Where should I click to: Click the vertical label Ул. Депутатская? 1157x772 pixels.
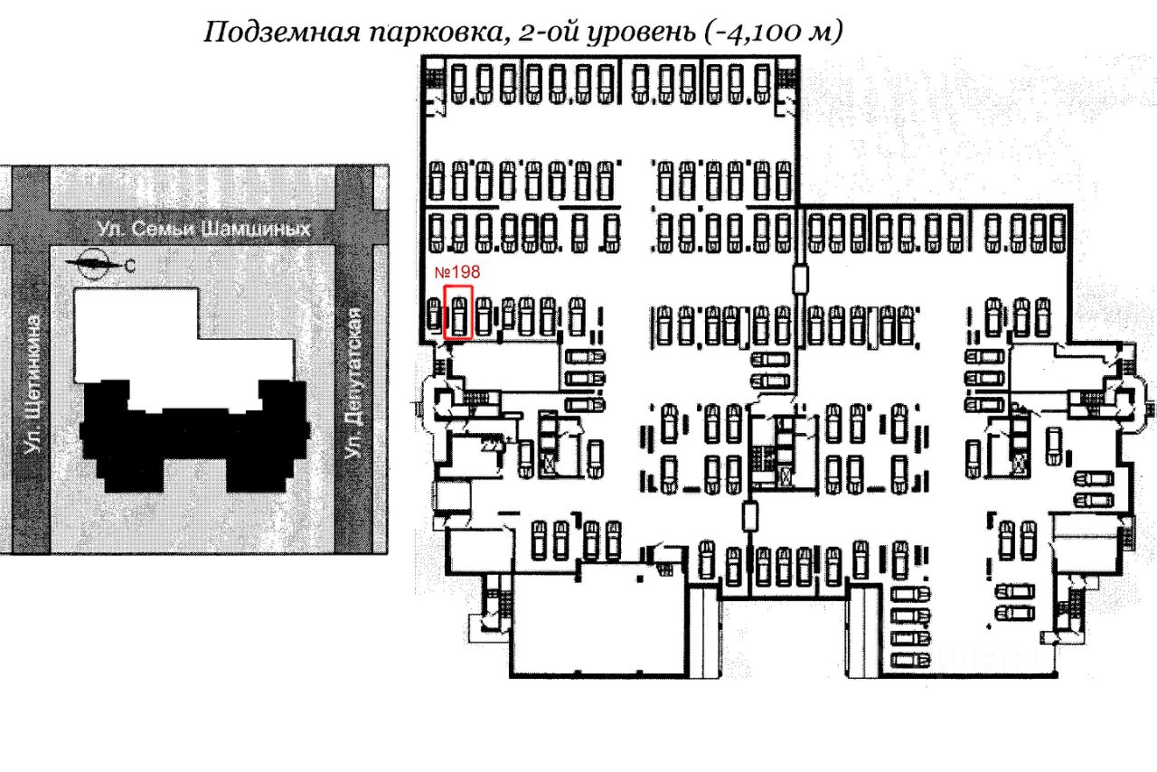[x=354, y=383]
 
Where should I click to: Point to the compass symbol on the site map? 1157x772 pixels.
[x=93, y=265]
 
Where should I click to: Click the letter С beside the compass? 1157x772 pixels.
[x=130, y=265]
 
